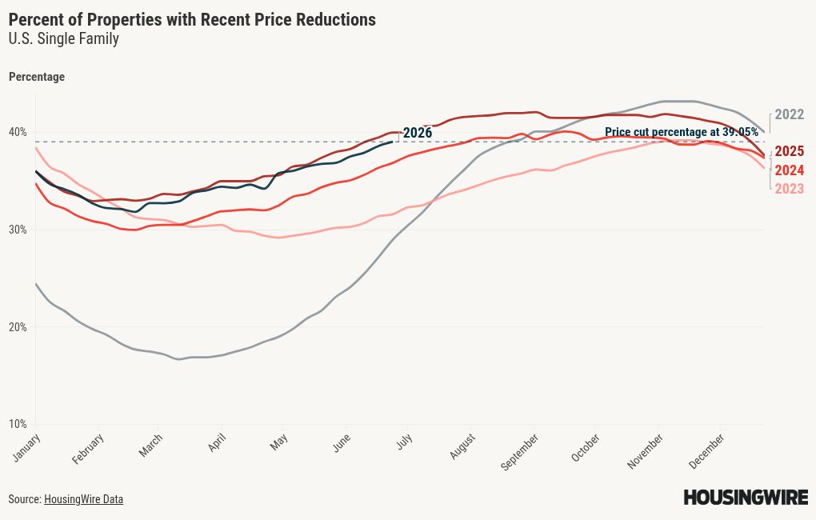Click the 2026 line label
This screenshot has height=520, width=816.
[x=418, y=133]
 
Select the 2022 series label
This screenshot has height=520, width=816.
[x=789, y=114]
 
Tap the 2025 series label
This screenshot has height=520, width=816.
[x=789, y=151]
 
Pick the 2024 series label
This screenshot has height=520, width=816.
[x=789, y=170]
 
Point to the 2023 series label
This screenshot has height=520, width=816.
[x=789, y=189]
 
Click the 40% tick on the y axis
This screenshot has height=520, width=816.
[x=18, y=132]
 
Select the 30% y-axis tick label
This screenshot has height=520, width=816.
[x=18, y=230]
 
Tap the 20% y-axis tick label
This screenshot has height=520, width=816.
[x=18, y=327]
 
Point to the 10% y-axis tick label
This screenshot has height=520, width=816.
[x=18, y=424]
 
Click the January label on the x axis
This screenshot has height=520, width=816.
[x=27, y=447]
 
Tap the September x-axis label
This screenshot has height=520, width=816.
[x=520, y=452]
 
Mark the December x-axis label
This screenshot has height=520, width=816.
[x=706, y=450]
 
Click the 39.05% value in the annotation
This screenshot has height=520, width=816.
[x=740, y=132]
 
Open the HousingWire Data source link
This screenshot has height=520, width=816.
[x=83, y=499]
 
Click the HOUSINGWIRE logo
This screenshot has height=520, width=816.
[x=746, y=497]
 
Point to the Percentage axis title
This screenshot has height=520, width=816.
[x=37, y=77]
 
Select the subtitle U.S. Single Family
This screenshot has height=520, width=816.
[x=64, y=38]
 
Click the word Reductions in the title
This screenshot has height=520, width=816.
[x=336, y=19]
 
